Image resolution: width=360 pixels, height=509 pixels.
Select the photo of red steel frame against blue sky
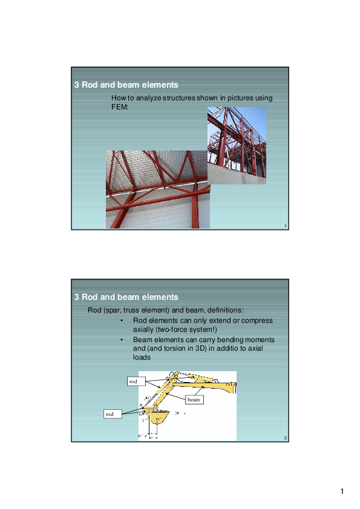pos(237,145)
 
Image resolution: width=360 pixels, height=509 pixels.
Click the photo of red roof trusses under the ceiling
pos(157,189)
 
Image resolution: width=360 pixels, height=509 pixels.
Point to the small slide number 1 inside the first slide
pos(284,226)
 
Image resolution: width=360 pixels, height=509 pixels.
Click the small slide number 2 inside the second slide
pos(284,438)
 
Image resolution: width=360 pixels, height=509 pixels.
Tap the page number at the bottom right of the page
pos(342,490)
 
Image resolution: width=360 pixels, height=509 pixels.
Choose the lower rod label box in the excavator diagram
pos(110,414)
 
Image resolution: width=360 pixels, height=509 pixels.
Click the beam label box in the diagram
pos(193,400)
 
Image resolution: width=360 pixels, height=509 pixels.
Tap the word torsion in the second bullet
pos(174,348)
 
